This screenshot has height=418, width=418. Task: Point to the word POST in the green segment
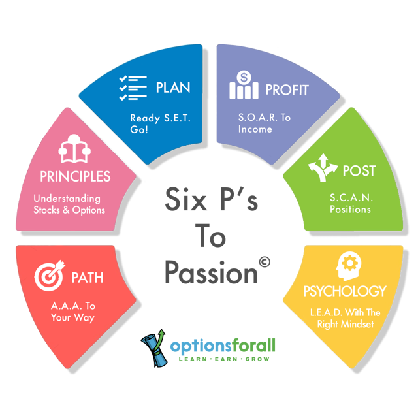[x=359, y=171]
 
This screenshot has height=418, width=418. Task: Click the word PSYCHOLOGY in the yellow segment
[x=345, y=291]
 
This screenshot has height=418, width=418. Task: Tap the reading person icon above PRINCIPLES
[x=72, y=152]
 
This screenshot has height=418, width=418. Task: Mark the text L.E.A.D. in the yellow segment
[x=324, y=312]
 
